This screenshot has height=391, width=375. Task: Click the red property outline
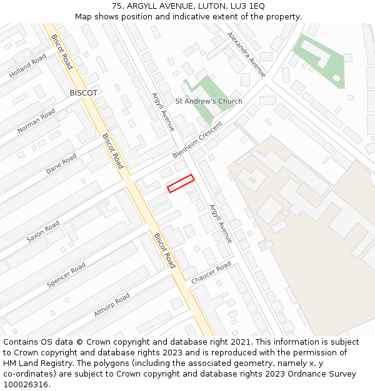coord(181,183)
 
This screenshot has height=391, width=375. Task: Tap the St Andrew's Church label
coord(209,101)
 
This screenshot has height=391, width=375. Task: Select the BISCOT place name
coord(84,93)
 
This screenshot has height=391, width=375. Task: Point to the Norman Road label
coord(36,121)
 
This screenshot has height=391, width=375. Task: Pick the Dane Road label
coord(61,164)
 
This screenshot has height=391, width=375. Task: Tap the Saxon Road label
coord(43,231)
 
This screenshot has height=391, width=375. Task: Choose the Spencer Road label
coord(66,275)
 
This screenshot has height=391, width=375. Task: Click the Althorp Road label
coord(112,305)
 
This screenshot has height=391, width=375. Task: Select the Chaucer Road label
coord(211,273)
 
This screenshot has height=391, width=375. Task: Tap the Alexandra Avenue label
coord(246,54)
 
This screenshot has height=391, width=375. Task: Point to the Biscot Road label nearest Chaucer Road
coord(164,250)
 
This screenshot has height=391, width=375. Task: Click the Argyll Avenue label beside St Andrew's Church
coord(163,112)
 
